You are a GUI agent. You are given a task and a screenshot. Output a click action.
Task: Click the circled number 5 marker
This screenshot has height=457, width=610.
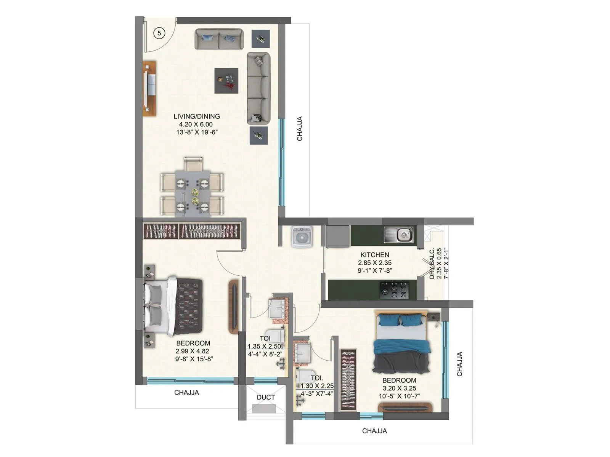[x=159, y=33]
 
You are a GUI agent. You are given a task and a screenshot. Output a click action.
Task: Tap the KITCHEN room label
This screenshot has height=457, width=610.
[x=375, y=255]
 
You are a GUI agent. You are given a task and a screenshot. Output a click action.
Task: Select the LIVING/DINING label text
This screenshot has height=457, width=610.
[x=197, y=117]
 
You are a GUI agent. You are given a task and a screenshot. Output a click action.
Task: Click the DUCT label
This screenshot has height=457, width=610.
[x=266, y=397]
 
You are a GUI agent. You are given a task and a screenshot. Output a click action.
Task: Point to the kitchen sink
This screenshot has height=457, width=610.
[x=399, y=235]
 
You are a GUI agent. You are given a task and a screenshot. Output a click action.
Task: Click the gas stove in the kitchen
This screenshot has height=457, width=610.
[x=394, y=290]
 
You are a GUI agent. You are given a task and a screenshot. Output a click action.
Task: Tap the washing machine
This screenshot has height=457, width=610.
[x=302, y=237]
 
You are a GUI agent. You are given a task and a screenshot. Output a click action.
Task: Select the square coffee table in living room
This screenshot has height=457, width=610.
[x=226, y=80]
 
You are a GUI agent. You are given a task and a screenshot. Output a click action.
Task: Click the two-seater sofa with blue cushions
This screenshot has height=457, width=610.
[x=219, y=39]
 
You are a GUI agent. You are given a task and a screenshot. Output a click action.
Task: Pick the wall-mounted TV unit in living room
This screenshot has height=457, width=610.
[x=149, y=88]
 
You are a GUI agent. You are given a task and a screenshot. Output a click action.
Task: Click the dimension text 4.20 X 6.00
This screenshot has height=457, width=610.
[x=196, y=125]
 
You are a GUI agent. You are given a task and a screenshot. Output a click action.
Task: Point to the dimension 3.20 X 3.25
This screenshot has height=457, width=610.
[x=399, y=388]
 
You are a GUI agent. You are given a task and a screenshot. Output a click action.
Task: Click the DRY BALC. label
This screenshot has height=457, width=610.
[x=432, y=264]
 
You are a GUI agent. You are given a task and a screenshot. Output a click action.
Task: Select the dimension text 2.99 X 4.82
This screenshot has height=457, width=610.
[x=192, y=351]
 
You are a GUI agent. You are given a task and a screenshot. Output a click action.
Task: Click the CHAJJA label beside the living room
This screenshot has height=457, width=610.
[x=300, y=129]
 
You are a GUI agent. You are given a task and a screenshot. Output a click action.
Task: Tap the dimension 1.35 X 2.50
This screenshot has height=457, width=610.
[x=265, y=347]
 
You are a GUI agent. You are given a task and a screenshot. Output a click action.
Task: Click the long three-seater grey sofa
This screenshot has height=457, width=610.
[x=258, y=88]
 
